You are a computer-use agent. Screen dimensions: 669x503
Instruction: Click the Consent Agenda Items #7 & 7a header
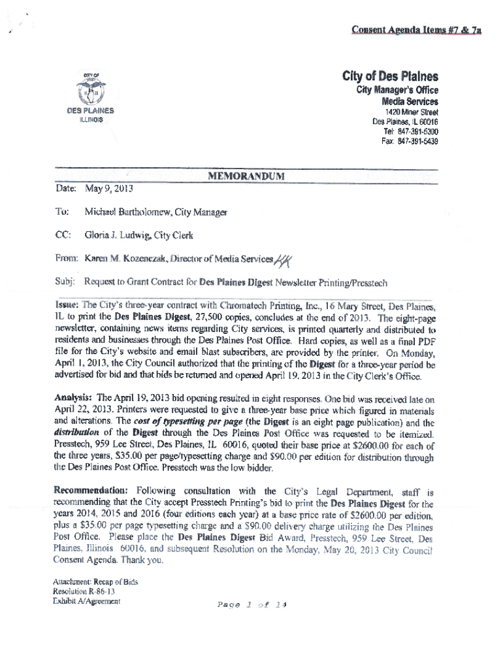416,30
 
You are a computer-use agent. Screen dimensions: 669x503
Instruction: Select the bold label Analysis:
74,397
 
